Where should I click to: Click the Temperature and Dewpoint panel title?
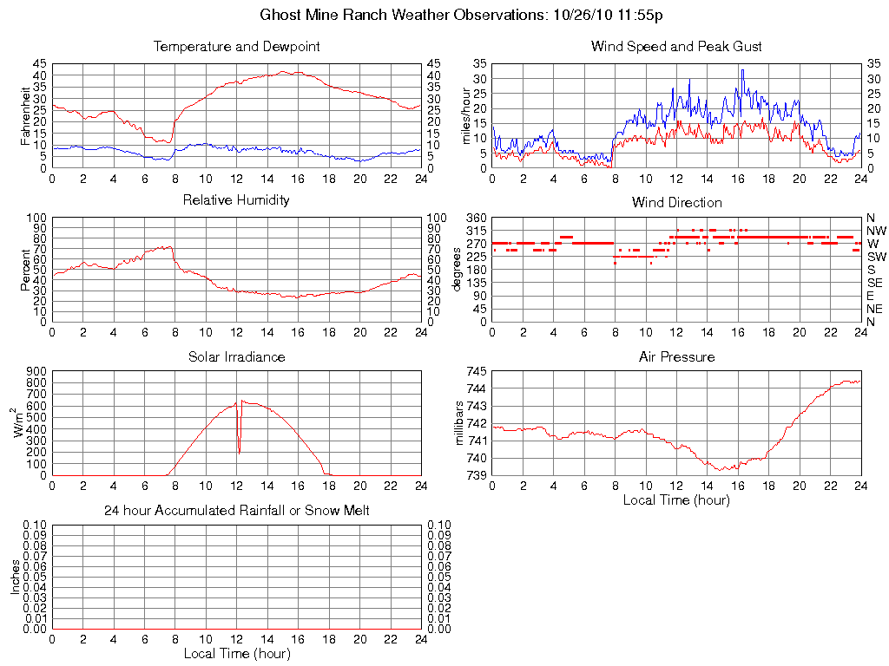pyautogui.click(x=236, y=47)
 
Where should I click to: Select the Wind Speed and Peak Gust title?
pyautogui.click(x=676, y=47)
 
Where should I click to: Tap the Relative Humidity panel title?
pyautogui.click(x=236, y=200)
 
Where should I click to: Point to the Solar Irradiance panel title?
pyautogui.click(x=236, y=356)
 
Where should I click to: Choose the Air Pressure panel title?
pyautogui.click(x=676, y=356)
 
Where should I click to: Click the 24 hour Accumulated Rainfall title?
pyautogui.click(x=236, y=511)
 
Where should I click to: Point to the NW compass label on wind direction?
pyautogui.click(x=875, y=231)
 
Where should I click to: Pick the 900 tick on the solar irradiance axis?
pyautogui.click(x=38, y=371)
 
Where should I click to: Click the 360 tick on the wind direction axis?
pyautogui.click(x=477, y=218)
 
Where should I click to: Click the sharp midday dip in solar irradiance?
pyautogui.click(x=240, y=451)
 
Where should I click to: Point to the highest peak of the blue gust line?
pyautogui.click(x=742, y=70)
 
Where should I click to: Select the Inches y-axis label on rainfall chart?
pyautogui.click(x=16, y=577)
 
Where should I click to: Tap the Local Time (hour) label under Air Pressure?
pyautogui.click(x=676, y=499)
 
